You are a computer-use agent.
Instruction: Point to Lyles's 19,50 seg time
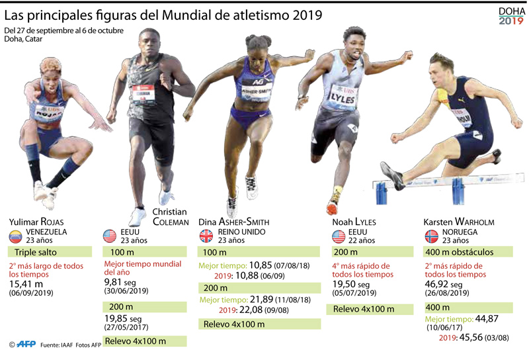(x=354, y=283)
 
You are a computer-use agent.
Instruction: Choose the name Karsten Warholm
(x=459, y=222)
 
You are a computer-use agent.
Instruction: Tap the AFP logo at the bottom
(x=26, y=345)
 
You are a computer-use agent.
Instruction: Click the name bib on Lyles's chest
(x=343, y=97)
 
